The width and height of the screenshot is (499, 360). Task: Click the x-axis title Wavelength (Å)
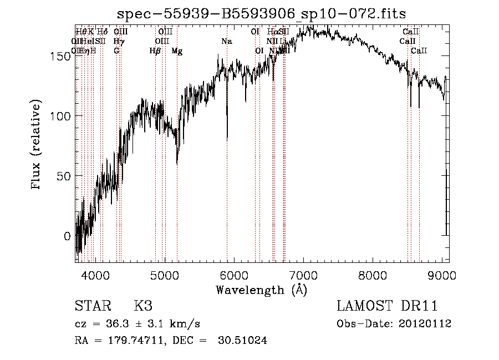261,289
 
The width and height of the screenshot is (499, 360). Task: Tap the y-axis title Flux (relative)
37,146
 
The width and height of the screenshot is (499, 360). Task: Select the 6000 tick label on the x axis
234,275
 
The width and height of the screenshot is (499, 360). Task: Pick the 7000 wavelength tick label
303,275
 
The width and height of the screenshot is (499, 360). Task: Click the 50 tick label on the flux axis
64,176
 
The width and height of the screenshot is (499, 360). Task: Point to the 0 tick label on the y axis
67,236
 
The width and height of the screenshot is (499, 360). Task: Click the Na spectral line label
226,42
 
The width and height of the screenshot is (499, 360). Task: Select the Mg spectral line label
177,51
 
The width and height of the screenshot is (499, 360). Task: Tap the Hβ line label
155,51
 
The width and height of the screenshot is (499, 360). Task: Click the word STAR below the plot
92,306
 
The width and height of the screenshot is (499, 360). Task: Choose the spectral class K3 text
143,306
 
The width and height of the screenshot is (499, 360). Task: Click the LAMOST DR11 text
387,306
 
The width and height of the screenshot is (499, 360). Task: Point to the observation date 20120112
425,324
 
